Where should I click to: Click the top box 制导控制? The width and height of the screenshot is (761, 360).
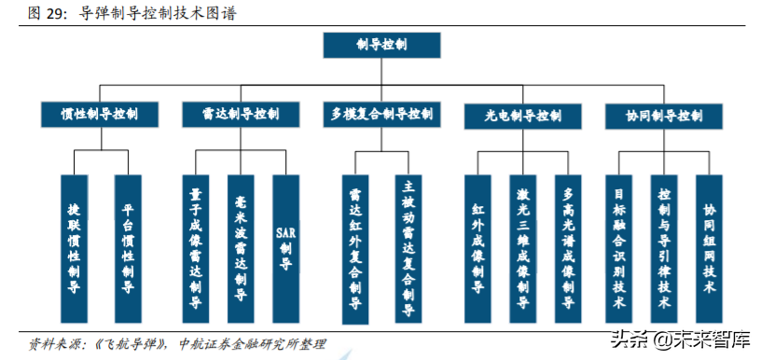(x=381, y=44)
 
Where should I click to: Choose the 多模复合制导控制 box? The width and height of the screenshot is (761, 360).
(x=381, y=115)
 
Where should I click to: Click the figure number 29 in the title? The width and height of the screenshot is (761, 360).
(x=53, y=14)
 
